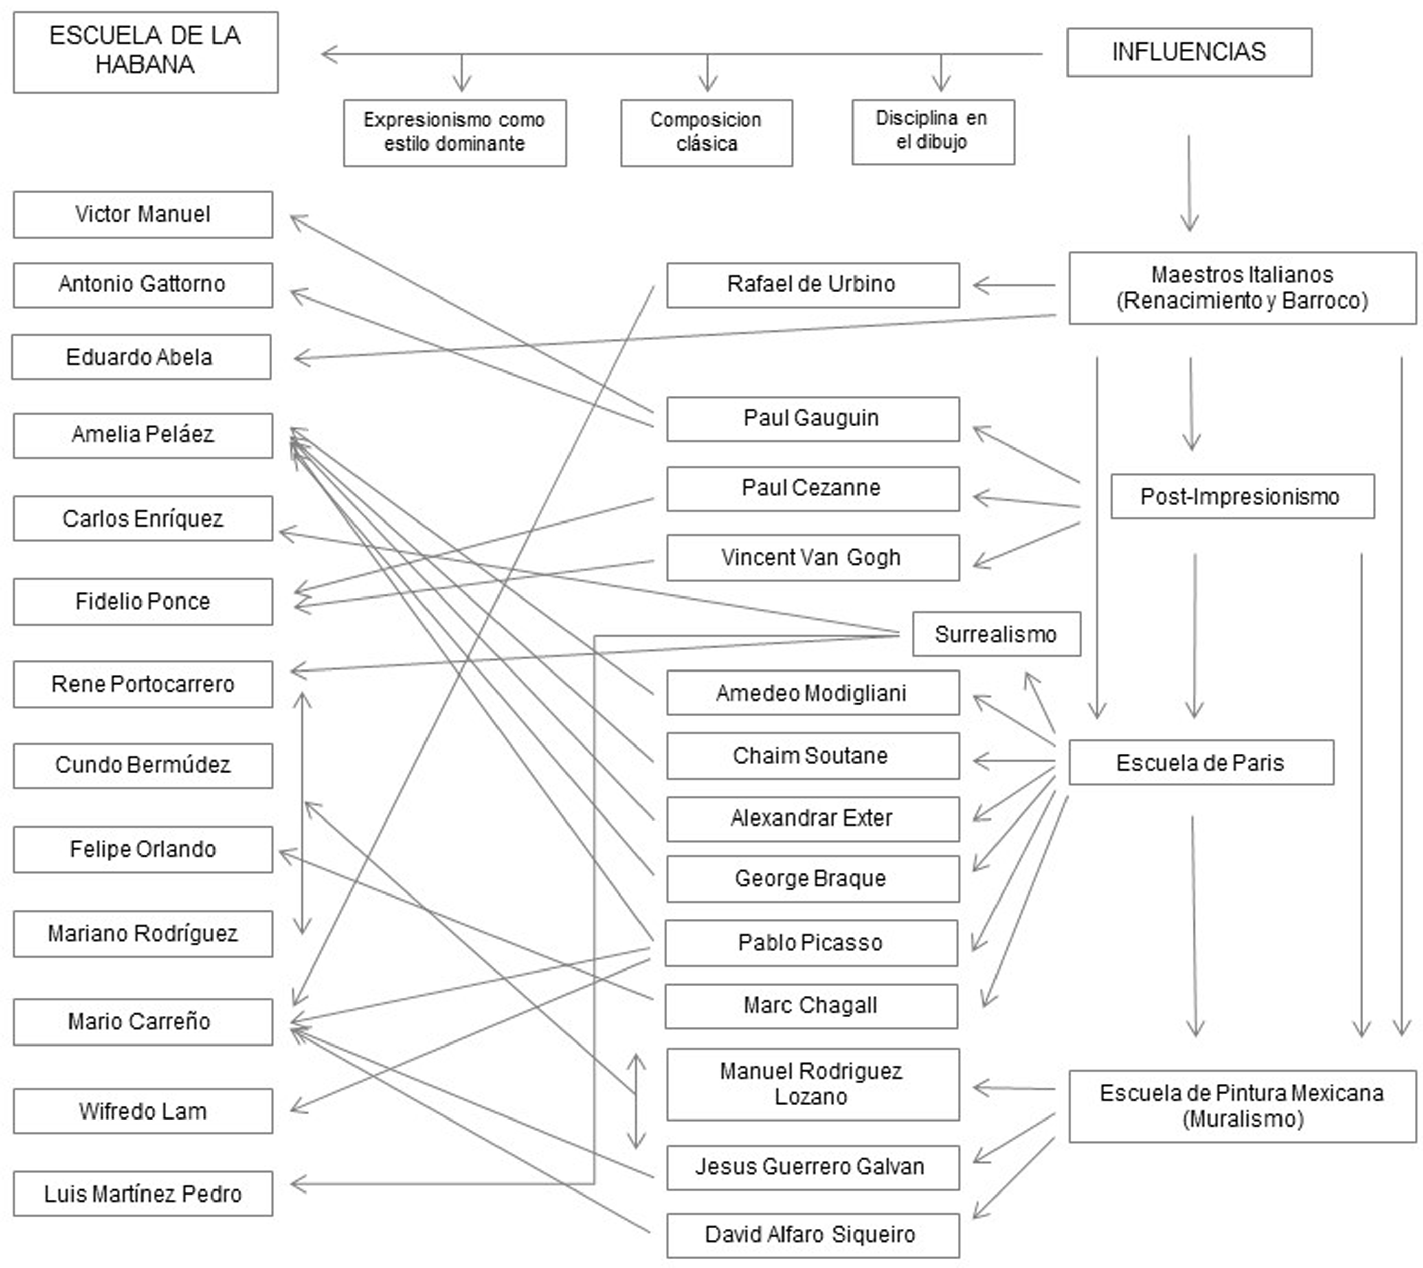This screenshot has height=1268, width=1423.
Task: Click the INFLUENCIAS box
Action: point(1189,52)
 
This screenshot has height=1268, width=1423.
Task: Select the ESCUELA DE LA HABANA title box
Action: point(145,51)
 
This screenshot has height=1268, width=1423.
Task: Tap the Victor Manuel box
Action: point(143,214)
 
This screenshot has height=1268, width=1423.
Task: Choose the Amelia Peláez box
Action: point(143,435)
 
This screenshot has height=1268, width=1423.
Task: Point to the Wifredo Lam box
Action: point(143,1111)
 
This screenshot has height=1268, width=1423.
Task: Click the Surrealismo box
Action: point(996,634)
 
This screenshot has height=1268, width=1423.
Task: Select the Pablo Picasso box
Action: point(811,943)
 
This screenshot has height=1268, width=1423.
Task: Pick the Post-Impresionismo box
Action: point(1242,497)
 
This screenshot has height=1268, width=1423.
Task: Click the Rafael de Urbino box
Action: point(812,285)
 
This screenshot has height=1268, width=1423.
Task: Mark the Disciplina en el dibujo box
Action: point(933,131)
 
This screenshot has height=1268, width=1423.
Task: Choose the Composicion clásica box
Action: point(706,132)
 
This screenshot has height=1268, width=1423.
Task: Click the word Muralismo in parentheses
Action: point(1243,1120)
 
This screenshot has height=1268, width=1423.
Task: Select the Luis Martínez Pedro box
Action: point(143,1194)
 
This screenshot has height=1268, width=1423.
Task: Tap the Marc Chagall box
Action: point(811,1005)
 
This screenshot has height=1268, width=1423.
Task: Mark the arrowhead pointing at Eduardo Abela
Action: point(298,358)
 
